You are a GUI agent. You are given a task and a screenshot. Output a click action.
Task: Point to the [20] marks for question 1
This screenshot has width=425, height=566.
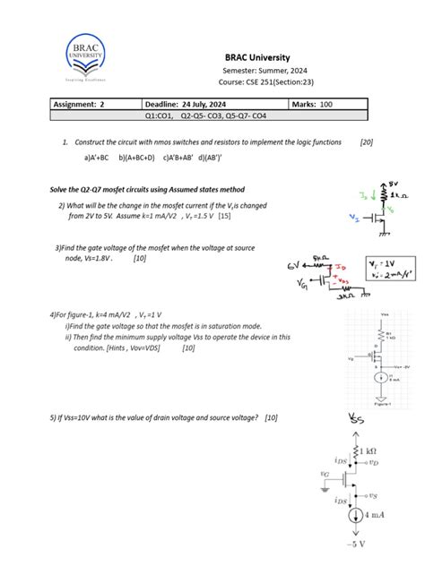coord(366,142)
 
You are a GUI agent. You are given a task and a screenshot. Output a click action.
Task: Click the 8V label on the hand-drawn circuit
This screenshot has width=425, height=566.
coord(394,183)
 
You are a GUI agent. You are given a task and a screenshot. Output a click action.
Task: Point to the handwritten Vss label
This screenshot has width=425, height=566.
coord(356,421)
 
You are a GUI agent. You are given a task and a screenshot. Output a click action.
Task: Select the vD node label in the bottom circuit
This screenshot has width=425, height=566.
coord(372,463)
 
